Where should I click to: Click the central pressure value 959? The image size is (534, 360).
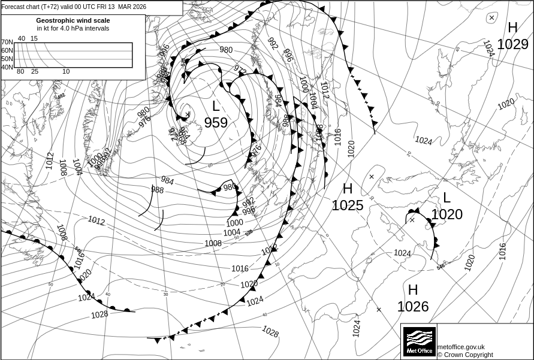[216, 123]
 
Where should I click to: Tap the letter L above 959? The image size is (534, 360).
[216, 107]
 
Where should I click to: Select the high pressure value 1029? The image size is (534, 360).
[512, 44]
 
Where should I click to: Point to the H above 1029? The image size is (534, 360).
[512, 28]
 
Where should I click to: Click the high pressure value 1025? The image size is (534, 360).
[348, 205]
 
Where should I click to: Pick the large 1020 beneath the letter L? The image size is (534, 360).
[446, 214]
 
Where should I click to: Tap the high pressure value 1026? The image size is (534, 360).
[413, 307]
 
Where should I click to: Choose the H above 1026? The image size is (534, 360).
[413, 290]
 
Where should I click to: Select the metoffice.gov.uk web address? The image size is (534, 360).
[461, 347]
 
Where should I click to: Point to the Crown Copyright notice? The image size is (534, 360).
[465, 355]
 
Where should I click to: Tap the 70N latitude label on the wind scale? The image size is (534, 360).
[7, 43]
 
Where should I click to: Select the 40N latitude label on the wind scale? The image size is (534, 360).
[7, 67]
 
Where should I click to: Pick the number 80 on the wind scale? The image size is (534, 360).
[20, 72]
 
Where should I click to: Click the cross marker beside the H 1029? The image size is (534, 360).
[491, 18]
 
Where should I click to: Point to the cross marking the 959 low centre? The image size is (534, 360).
[188, 114]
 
